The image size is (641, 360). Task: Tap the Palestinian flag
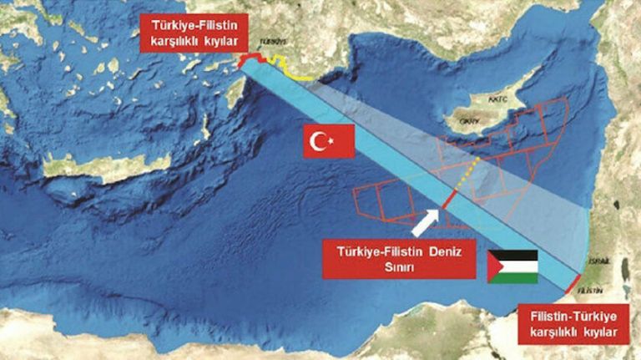(x=512, y=266)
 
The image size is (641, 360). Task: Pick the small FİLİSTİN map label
(x=589, y=289)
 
